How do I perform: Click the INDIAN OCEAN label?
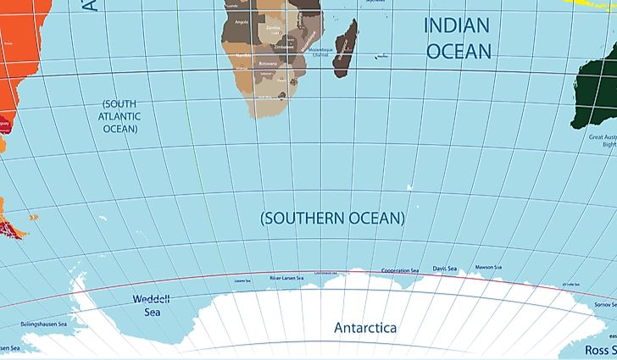458,38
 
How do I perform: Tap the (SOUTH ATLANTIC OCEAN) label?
121,116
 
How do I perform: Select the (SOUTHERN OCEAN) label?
332,219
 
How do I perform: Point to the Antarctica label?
365,328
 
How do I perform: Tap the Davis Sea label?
444,269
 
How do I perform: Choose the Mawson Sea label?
489,268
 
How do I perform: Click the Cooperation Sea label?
400,271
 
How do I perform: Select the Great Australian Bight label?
601,140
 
